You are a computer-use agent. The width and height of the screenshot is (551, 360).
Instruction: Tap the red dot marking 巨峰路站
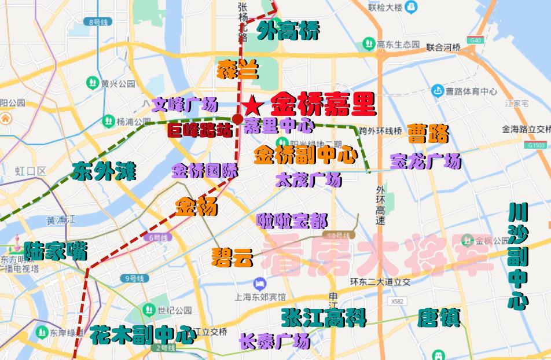tap(237, 119)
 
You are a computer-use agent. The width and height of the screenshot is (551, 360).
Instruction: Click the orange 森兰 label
tap(238, 70)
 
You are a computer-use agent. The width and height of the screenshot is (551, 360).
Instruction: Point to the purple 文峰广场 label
tap(185, 105)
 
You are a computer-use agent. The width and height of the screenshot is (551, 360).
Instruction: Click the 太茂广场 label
tap(308, 181)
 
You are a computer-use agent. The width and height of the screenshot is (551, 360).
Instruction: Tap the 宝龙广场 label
tap(425, 161)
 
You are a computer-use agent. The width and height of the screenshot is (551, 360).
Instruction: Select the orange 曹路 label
tap(428, 134)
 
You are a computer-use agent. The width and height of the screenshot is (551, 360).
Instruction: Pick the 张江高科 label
tap(324, 318)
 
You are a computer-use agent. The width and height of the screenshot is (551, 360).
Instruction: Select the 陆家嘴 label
tap(56, 251)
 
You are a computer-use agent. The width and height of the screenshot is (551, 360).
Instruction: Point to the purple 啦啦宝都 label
tap(292, 221)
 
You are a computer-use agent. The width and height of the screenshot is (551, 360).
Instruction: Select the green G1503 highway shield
tap(536, 145)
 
